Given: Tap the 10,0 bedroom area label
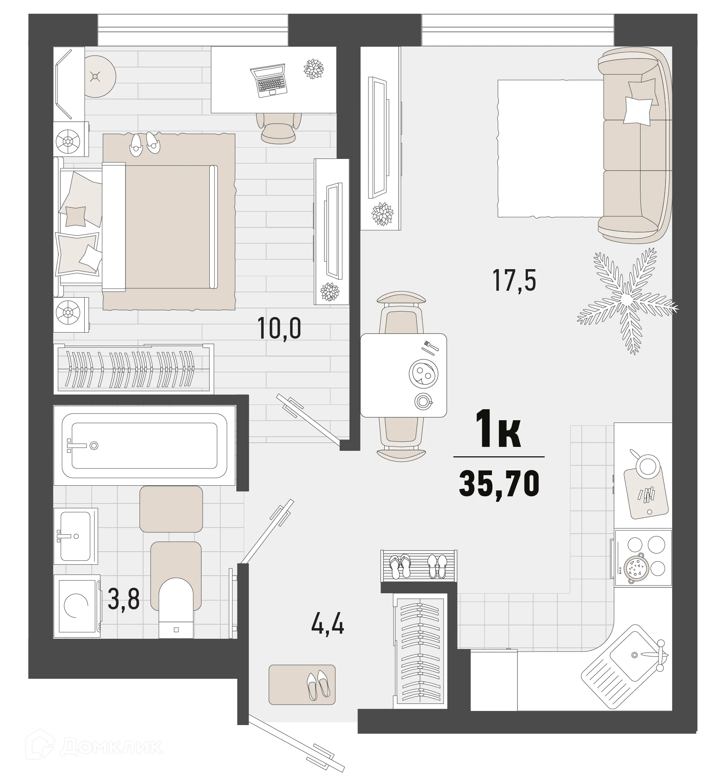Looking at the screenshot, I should coord(279,328).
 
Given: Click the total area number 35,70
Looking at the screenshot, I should coord(499,483).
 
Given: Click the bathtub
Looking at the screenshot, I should coord(144,445).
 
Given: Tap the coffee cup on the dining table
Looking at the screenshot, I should coord(423,401).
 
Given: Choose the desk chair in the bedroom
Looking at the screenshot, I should coord(279,127).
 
